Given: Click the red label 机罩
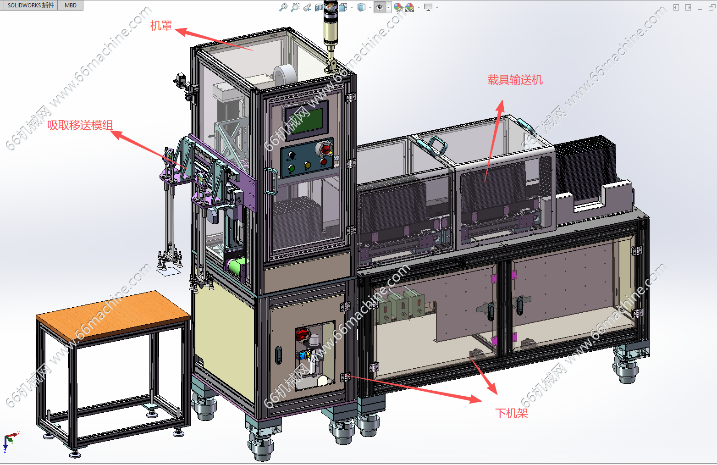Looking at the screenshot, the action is (161, 26).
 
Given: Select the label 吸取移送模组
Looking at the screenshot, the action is (80, 125).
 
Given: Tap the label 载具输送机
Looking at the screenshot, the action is (515, 80).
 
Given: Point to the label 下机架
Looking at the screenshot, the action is (512, 413).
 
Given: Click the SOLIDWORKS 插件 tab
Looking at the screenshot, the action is (31, 6).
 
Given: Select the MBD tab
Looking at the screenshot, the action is (71, 6).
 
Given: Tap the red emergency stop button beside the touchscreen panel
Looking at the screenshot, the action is (325, 149).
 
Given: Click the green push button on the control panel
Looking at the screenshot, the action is (292, 168).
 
